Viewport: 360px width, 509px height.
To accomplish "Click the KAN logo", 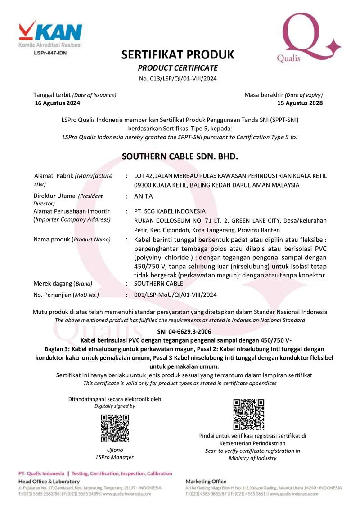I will coord(50,32).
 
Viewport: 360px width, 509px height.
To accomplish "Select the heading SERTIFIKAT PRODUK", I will coord(178,55).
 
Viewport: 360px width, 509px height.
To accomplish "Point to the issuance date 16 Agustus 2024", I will coord(58,103).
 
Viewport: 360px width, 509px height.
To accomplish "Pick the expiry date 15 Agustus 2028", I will coord(300,103).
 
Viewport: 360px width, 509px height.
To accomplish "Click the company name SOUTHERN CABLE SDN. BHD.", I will coord(180,156).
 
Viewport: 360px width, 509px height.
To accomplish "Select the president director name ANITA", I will coord(144,196).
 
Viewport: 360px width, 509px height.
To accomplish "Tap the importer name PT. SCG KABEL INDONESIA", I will coord(170,211).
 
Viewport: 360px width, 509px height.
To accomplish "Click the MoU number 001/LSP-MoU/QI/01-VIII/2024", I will coord(175,295).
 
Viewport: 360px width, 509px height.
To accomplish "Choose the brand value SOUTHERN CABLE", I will coord(158,284).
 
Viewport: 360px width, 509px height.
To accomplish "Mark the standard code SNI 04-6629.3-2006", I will coord(180,331).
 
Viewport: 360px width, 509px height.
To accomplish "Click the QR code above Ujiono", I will coord(115,428).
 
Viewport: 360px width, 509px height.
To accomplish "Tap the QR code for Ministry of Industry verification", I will coord(249,414).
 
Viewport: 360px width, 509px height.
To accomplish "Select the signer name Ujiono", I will coord(115,450).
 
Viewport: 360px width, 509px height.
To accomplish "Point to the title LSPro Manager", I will coord(115,457).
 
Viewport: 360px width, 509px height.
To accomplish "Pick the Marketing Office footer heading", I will coord(206,482).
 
